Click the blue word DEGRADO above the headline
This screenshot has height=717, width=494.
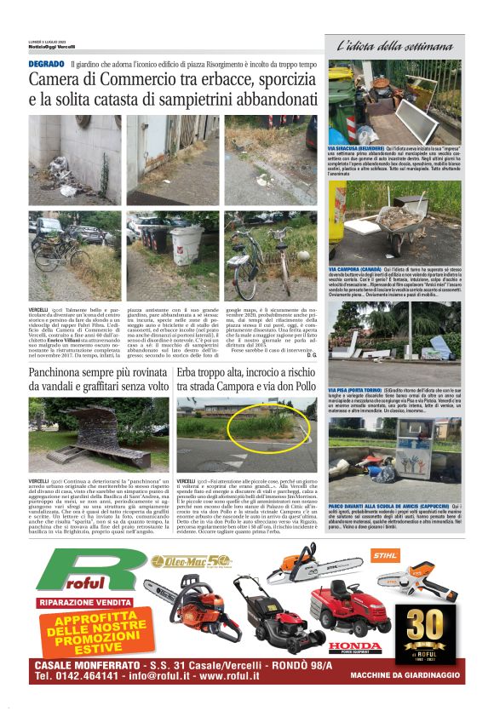[46, 64]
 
